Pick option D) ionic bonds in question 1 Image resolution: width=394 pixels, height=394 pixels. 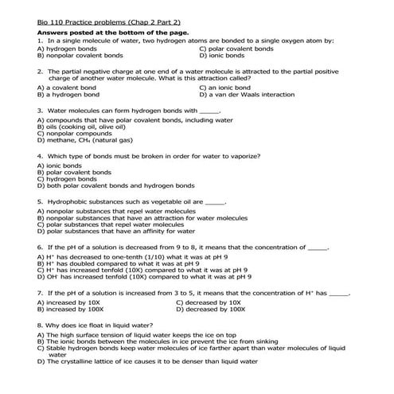(222, 56)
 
